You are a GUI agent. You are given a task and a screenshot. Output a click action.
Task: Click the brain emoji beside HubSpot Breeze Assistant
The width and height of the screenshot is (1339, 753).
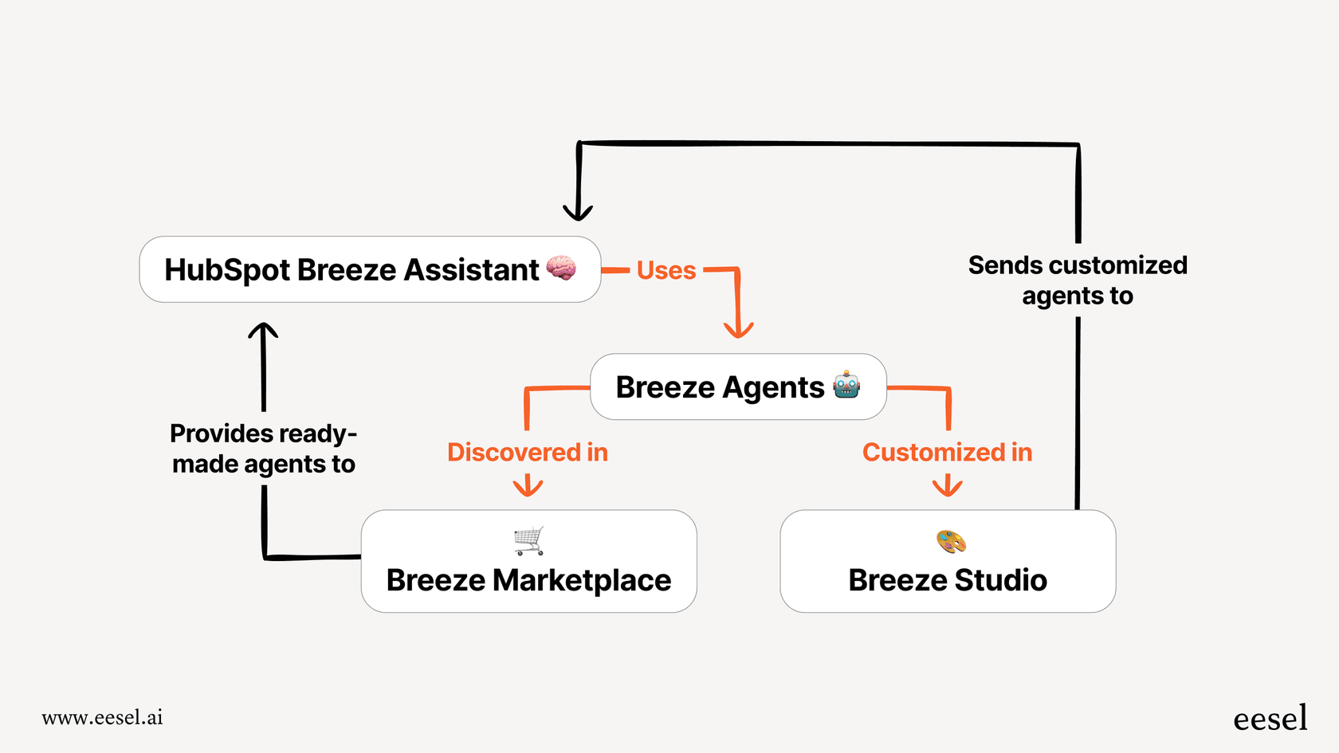point(561,269)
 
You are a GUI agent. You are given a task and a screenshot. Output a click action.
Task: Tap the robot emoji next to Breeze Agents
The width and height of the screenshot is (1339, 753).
point(846,386)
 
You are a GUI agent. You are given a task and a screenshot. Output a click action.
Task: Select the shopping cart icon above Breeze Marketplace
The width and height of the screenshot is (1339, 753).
point(529,541)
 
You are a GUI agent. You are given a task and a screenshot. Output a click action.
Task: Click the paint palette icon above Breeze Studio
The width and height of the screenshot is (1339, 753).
point(951,542)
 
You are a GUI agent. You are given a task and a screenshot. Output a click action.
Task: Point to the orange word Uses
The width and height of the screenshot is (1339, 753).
point(666,271)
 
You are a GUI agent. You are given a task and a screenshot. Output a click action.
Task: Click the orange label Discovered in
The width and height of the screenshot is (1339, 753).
point(528,453)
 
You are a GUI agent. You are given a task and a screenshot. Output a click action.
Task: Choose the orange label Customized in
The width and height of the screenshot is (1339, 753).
point(947,453)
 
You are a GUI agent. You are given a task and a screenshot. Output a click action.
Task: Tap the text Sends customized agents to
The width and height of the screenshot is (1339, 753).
point(1078,280)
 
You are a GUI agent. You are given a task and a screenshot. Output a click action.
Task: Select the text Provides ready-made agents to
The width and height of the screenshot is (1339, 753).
point(264,449)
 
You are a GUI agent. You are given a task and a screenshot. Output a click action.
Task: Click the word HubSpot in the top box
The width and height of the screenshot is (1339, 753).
point(227,270)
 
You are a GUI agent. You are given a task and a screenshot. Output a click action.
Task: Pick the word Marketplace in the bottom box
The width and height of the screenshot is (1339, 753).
point(582,580)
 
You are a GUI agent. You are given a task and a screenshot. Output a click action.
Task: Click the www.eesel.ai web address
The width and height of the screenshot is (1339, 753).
point(102,717)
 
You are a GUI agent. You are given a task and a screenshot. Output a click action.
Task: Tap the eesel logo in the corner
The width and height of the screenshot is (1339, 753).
point(1270,718)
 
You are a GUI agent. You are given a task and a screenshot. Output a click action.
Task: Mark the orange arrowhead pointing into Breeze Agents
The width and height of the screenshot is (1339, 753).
point(738,329)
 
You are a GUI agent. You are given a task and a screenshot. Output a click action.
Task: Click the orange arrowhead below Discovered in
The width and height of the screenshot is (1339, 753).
point(528,486)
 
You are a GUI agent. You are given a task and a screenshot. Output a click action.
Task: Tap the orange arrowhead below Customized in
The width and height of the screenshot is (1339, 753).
point(947,486)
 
